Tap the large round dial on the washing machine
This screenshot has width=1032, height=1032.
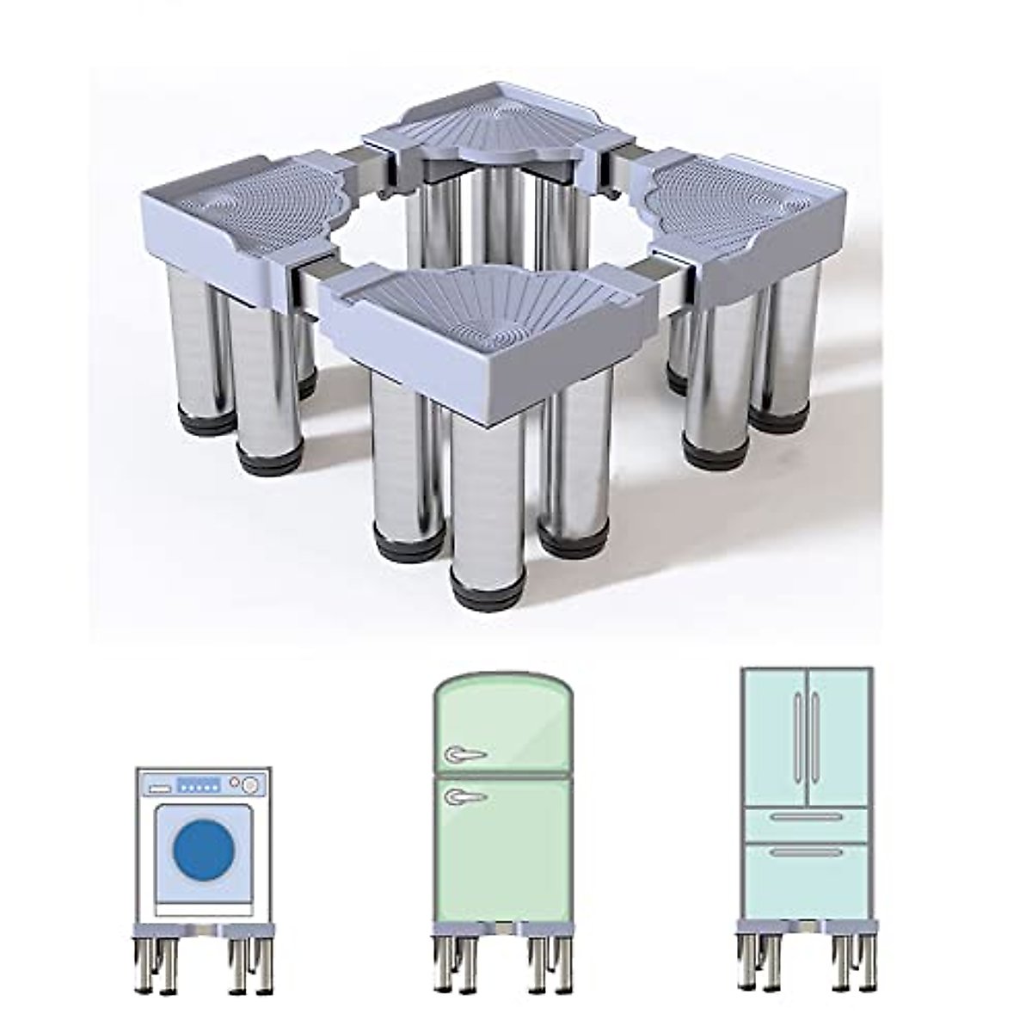click(x=249, y=784)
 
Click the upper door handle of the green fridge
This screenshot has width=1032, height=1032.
click(x=461, y=756)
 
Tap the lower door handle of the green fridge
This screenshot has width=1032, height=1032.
click(x=461, y=797)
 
